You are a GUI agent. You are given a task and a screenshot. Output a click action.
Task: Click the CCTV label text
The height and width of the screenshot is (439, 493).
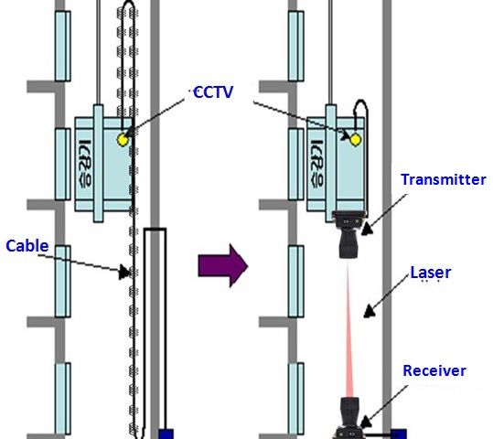[x=213, y=92]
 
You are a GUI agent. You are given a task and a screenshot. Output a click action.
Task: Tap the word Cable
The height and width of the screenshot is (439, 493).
[x=27, y=246]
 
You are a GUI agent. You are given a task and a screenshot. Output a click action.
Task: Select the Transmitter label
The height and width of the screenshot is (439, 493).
[x=444, y=179]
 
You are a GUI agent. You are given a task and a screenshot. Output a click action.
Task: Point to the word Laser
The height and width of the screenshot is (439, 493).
[x=431, y=273]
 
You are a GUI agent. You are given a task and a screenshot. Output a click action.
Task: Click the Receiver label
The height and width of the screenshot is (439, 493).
[x=434, y=370]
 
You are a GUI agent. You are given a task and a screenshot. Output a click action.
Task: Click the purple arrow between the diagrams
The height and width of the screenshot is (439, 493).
[x=223, y=266]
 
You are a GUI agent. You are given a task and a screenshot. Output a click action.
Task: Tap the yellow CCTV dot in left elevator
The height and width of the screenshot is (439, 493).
[x=123, y=140]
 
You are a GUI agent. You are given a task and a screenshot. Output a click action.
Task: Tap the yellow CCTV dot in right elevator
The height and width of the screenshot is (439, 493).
[x=355, y=140]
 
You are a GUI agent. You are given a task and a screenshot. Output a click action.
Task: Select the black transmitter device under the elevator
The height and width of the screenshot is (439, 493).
[x=349, y=234]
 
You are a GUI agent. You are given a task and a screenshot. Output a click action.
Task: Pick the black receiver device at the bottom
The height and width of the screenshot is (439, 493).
[x=349, y=418]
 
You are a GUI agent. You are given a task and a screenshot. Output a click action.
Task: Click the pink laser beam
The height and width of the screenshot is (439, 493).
[x=349, y=328]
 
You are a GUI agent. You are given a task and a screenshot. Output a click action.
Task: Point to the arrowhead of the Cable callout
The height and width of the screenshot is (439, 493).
[x=124, y=272]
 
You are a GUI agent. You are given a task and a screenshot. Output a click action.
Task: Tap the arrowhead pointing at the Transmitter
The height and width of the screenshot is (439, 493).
[x=367, y=229]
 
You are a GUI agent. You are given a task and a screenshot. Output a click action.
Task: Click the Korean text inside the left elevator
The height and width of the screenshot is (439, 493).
[x=84, y=163]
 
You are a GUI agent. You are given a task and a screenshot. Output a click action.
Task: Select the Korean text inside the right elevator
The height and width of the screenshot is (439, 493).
[x=316, y=163]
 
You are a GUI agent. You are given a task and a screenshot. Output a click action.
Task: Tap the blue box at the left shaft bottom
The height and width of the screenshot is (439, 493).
[x=166, y=434]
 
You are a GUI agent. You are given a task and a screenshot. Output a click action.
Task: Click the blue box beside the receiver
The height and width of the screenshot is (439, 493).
[x=399, y=434]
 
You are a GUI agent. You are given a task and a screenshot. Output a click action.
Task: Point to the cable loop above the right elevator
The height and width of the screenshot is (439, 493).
[x=361, y=104]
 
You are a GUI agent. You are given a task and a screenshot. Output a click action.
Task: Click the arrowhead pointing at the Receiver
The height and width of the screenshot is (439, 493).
[x=365, y=422]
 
